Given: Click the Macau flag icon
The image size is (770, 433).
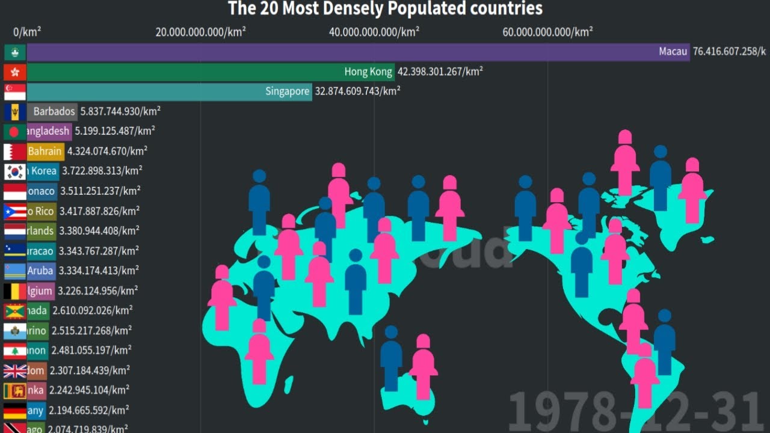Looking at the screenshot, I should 15,52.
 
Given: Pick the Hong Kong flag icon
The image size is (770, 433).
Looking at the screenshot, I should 15,72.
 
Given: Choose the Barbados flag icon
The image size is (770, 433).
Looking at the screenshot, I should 15,112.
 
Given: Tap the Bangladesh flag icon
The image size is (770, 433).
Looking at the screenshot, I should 15,132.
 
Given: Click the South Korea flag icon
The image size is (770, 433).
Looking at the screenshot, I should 15,171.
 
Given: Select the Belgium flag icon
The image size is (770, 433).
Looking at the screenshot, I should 15,291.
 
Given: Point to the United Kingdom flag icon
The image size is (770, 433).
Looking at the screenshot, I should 15,370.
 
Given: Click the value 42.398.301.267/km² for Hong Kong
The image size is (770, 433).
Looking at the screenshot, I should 440,72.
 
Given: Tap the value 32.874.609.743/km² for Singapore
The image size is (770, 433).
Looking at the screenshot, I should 358,92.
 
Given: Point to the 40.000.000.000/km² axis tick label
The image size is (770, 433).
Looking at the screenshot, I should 374,32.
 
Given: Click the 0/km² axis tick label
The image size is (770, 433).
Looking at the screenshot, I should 27,32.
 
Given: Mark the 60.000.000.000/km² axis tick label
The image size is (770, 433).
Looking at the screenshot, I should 547,32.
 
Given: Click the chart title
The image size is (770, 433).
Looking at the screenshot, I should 385,8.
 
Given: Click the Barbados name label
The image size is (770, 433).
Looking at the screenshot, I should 54,112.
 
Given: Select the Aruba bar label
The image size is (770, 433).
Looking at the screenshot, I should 40,271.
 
